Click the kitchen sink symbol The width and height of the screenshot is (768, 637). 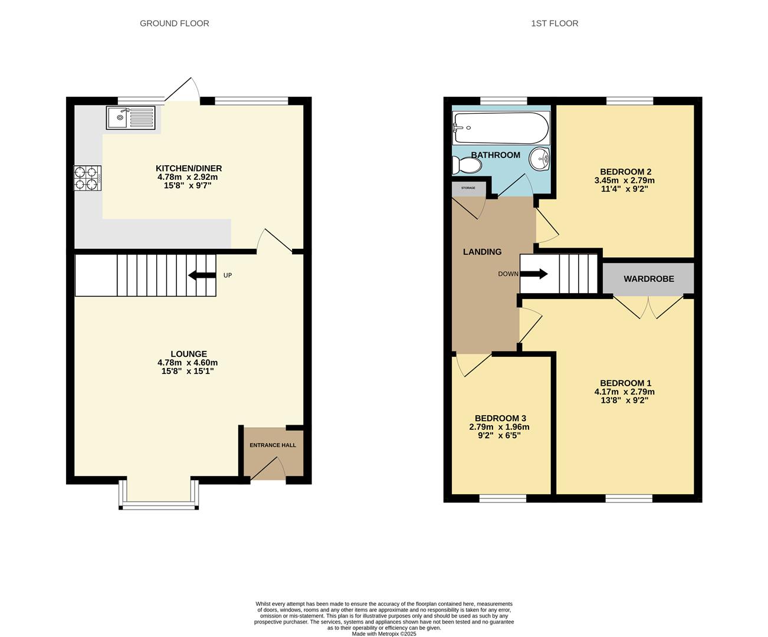[x=131, y=117]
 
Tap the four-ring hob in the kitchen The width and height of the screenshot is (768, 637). [x=87, y=178]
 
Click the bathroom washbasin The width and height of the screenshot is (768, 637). [x=539, y=158]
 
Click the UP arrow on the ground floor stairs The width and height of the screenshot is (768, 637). [x=201, y=275]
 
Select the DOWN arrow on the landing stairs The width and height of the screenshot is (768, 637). [x=534, y=274]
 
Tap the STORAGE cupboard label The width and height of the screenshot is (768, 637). [x=468, y=188]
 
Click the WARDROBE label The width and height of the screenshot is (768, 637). [x=649, y=278]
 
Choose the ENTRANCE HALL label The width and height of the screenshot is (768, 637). [x=273, y=445]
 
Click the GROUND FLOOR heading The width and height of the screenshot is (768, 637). [x=174, y=24]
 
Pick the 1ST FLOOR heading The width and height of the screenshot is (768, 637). [x=554, y=24]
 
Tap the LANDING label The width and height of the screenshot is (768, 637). [x=482, y=252]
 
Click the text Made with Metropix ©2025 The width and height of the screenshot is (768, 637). [x=384, y=634]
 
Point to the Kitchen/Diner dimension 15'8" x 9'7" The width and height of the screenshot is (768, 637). [x=188, y=185]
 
